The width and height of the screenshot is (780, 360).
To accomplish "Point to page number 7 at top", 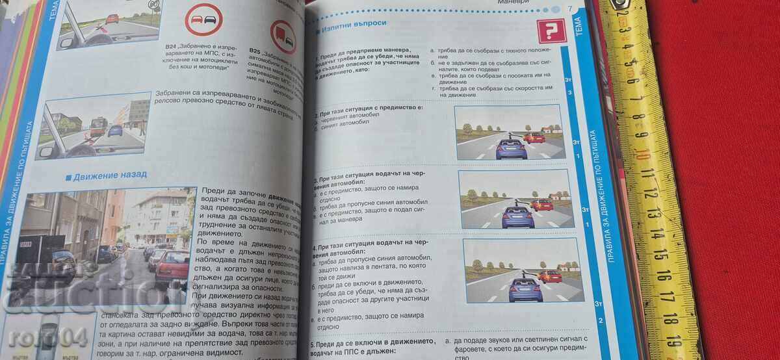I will (x=570, y=9).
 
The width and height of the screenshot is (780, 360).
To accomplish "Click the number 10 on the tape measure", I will (x=643, y=153).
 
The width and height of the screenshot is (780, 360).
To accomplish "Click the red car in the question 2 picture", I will (x=534, y=137).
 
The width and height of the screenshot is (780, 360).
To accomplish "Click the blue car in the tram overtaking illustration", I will (x=115, y=130).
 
